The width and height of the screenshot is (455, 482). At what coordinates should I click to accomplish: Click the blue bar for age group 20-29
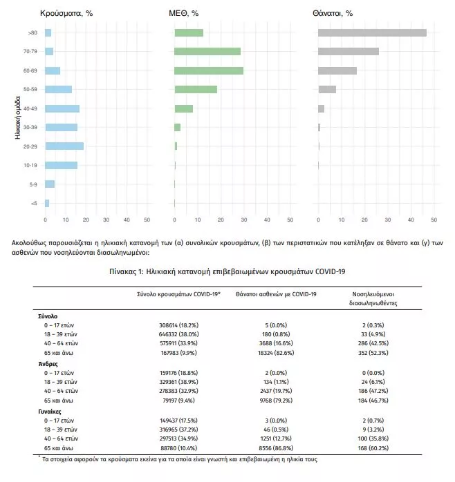pos(64,146)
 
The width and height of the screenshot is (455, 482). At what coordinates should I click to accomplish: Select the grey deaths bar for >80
pos(372,33)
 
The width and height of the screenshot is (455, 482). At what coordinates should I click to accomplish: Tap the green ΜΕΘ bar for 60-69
pos(209,70)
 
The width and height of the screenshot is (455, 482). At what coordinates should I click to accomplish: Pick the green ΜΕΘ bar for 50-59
pos(196,90)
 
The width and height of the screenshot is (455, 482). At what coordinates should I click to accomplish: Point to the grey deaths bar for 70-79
pos(349,51)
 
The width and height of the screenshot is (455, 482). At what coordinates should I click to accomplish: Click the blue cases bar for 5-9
pos(50,184)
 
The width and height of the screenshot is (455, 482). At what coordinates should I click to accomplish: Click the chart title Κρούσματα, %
pos(66,13)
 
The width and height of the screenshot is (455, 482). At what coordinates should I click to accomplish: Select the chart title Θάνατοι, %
pos(333,13)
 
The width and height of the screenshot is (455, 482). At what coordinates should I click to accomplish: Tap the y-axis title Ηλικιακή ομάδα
pos(17,117)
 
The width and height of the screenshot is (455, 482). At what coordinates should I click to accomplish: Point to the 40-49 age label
pos(30,108)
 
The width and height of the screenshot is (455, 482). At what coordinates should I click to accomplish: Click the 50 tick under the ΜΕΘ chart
pos(290,220)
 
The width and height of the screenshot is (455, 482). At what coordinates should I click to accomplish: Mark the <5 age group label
pos(34,203)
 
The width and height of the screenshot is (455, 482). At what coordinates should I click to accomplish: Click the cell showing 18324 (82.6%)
pos(276,353)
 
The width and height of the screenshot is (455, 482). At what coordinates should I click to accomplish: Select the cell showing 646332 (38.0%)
pos(179,334)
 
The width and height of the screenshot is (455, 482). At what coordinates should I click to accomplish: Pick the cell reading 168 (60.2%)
pos(373,448)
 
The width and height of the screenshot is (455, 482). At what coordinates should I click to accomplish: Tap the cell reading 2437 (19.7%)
pos(276,391)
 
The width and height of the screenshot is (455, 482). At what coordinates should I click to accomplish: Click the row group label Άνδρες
pos(48,364)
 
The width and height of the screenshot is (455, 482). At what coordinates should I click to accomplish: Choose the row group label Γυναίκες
pos(50,412)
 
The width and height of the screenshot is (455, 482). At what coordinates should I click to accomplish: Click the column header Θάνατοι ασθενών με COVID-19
pos(276,294)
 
